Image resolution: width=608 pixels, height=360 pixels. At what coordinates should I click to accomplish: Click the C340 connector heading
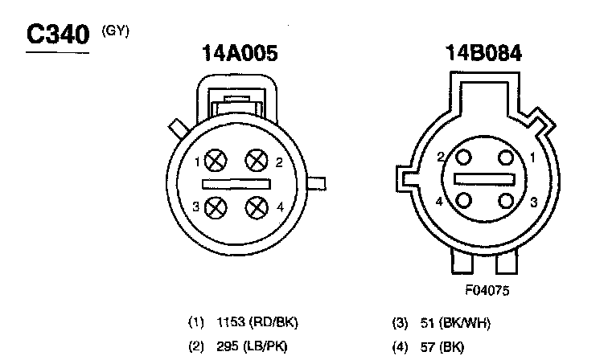pos(58,34)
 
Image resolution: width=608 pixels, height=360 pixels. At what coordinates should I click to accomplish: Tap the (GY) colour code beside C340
pos(115,31)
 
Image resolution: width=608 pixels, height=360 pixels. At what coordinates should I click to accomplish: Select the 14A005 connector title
pos(240,53)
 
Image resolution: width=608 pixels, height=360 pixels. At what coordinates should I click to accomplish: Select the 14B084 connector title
pos(483,53)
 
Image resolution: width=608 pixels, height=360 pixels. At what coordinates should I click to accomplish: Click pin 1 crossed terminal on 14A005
pos(216,160)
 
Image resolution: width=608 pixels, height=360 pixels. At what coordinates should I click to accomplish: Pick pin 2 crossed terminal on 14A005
pos(257,160)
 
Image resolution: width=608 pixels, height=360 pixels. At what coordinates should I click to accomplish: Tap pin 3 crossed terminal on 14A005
pos(216,207)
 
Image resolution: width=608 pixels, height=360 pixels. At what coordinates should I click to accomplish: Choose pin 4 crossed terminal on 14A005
pos(257,207)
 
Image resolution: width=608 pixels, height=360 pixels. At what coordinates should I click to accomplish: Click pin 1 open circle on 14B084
pos(506,157)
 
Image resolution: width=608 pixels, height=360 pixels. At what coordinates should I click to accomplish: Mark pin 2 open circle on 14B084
pos(463,157)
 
